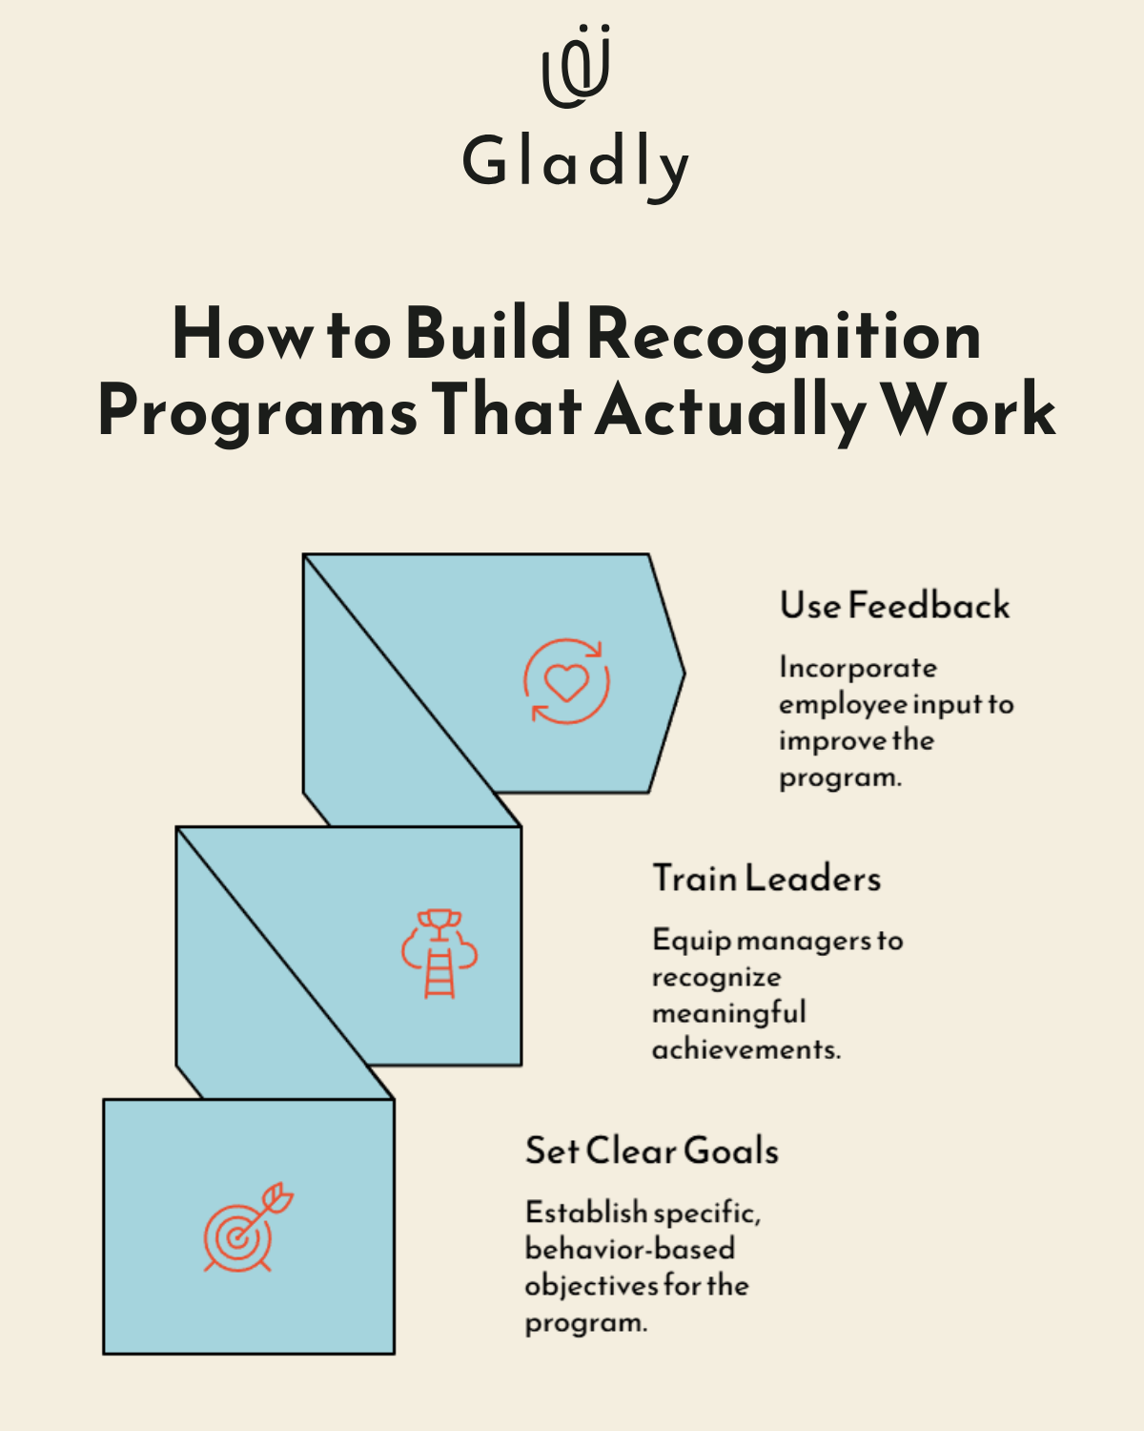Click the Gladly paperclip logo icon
(576, 67)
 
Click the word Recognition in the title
(783, 335)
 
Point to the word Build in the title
(488, 335)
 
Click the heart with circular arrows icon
(566, 681)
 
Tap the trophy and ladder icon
(439, 953)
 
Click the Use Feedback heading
(894, 606)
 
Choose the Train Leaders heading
(766, 879)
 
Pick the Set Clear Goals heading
(652, 1151)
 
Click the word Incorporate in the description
(857, 668)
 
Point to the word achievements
(746, 1049)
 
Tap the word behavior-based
(629, 1249)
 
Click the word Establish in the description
(585, 1213)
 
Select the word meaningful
(728, 1013)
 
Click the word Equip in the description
(691, 942)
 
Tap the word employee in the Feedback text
(843, 705)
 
